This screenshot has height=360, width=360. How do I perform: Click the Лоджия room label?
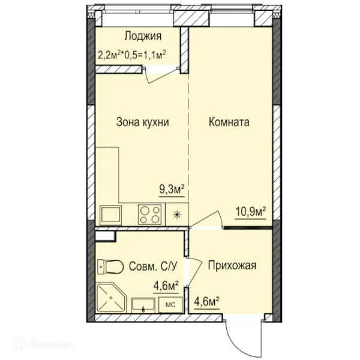point(142,35)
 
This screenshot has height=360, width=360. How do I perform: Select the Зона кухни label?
point(142,122)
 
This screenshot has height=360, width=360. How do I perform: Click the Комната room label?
point(229,122)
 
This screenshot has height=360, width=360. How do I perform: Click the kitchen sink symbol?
point(112,214)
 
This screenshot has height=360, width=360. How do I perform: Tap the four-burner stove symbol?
point(150,214)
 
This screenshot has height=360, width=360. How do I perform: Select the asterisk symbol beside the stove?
point(176,214)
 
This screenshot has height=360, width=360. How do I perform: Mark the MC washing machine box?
point(170,304)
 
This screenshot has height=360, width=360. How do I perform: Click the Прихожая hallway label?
point(232,265)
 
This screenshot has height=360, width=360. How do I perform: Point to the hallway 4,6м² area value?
point(206,296)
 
